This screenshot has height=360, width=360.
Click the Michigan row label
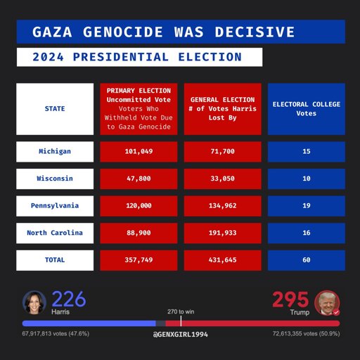pos(55,151)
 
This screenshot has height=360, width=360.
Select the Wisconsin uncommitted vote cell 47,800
pos(139,179)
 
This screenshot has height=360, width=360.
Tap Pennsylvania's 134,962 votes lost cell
pos(223,206)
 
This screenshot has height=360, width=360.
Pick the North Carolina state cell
pos(55,233)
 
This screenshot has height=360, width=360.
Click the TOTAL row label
pos(55,260)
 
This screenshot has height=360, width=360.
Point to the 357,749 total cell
pos(139,260)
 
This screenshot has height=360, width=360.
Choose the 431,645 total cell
pos(223,260)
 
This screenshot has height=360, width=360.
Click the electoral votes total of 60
pos(307,260)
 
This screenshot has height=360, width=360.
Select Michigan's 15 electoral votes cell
pos(307,151)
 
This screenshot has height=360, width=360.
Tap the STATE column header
pos(55,109)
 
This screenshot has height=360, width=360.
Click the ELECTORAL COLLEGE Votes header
pos(307,109)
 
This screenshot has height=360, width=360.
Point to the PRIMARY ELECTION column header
pos(139,109)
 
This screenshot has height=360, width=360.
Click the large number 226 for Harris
pos(69,299)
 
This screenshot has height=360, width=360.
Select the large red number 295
pos(290,300)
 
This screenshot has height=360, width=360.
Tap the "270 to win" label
pos(181,311)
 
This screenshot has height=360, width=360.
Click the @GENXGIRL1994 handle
pos(181,335)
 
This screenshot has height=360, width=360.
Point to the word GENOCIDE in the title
pos(123,32)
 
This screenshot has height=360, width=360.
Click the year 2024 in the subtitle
pos(48,57)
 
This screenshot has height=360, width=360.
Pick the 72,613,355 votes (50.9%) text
pos(306,333)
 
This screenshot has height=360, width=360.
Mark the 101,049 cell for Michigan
pos(139,151)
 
